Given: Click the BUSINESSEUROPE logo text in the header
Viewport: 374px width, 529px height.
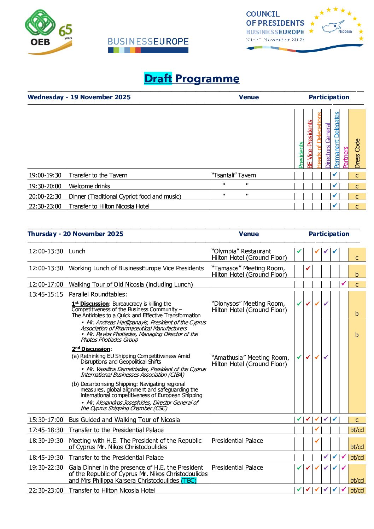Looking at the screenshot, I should (148, 42).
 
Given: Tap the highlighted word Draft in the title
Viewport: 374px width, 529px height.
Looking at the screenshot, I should (158, 78).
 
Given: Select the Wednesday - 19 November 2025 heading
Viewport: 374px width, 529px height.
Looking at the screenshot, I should (79, 97).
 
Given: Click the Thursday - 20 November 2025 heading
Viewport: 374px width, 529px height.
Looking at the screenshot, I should (75, 234).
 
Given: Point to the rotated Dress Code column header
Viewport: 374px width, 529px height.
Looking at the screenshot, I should (357, 153).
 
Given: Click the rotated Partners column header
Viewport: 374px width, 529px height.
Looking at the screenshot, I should (346, 157).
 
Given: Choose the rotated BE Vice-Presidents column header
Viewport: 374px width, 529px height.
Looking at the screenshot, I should (310, 144).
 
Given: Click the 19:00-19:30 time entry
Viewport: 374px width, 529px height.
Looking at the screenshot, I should (45, 175).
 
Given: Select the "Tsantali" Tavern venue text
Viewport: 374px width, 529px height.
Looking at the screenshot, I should (234, 175).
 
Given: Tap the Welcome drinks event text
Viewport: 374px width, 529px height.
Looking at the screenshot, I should (89, 186).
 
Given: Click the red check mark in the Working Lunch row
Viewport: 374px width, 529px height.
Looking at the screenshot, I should (308, 268).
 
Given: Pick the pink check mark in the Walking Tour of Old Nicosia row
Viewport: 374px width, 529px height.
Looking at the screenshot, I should (343, 283).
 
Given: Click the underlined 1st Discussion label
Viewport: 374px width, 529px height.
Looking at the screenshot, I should (90, 304).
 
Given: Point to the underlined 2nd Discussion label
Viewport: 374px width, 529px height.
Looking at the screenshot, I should (91, 349).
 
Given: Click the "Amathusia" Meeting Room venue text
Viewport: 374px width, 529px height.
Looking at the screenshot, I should (250, 358).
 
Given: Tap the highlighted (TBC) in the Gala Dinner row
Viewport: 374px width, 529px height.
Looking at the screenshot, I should (189, 481).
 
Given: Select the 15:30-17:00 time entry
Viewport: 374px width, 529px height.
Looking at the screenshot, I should (46, 420).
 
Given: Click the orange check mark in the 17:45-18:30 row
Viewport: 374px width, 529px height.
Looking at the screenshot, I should (317, 429).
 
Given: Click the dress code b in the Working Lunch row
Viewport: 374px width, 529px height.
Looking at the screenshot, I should (357, 275).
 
